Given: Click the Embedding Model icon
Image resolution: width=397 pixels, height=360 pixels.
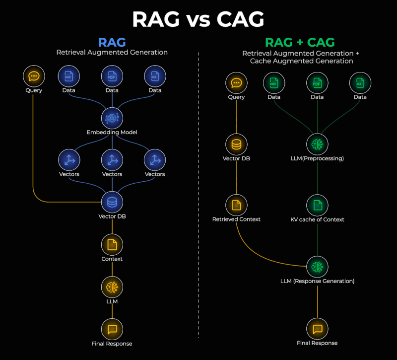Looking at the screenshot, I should click(112, 118).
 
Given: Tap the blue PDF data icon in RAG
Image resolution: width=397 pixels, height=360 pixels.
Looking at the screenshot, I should click(112, 76).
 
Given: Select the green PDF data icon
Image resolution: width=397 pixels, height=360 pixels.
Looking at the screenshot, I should click(317, 83).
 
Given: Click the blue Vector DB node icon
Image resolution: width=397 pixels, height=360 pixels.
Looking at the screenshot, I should click(112, 202).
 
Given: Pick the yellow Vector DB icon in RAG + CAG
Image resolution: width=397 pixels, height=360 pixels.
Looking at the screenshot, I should click(236, 144).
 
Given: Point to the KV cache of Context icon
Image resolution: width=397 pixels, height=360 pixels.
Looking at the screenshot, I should click(317, 205).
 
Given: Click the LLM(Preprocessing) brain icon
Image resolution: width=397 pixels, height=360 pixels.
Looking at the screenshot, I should click(317, 144).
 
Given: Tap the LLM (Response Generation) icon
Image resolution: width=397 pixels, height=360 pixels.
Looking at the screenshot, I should click(317, 267).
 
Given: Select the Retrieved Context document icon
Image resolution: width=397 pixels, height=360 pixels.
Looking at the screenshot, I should click(236, 205).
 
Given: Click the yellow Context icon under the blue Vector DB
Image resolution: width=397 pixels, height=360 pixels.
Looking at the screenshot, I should click(112, 244).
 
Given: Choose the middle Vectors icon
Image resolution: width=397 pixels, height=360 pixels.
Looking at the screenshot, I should click(112, 160).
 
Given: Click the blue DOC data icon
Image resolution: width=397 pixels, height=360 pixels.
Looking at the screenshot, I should click(69, 76).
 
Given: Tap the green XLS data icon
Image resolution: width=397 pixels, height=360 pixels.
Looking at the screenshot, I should click(360, 83).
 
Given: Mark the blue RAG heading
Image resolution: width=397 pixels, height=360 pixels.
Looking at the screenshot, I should click(112, 42).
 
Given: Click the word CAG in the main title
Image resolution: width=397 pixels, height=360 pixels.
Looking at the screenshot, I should click(240, 19).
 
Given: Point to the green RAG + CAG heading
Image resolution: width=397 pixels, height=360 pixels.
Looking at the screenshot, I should click(300, 42).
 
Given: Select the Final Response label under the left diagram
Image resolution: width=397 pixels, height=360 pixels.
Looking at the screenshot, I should click(112, 343).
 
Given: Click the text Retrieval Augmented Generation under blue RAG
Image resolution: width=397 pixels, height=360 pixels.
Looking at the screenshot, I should click(112, 52).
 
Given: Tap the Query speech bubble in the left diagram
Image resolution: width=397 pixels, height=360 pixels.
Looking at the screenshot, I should click(34, 76).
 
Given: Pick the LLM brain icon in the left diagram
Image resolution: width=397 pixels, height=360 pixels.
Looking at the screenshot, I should click(112, 287).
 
